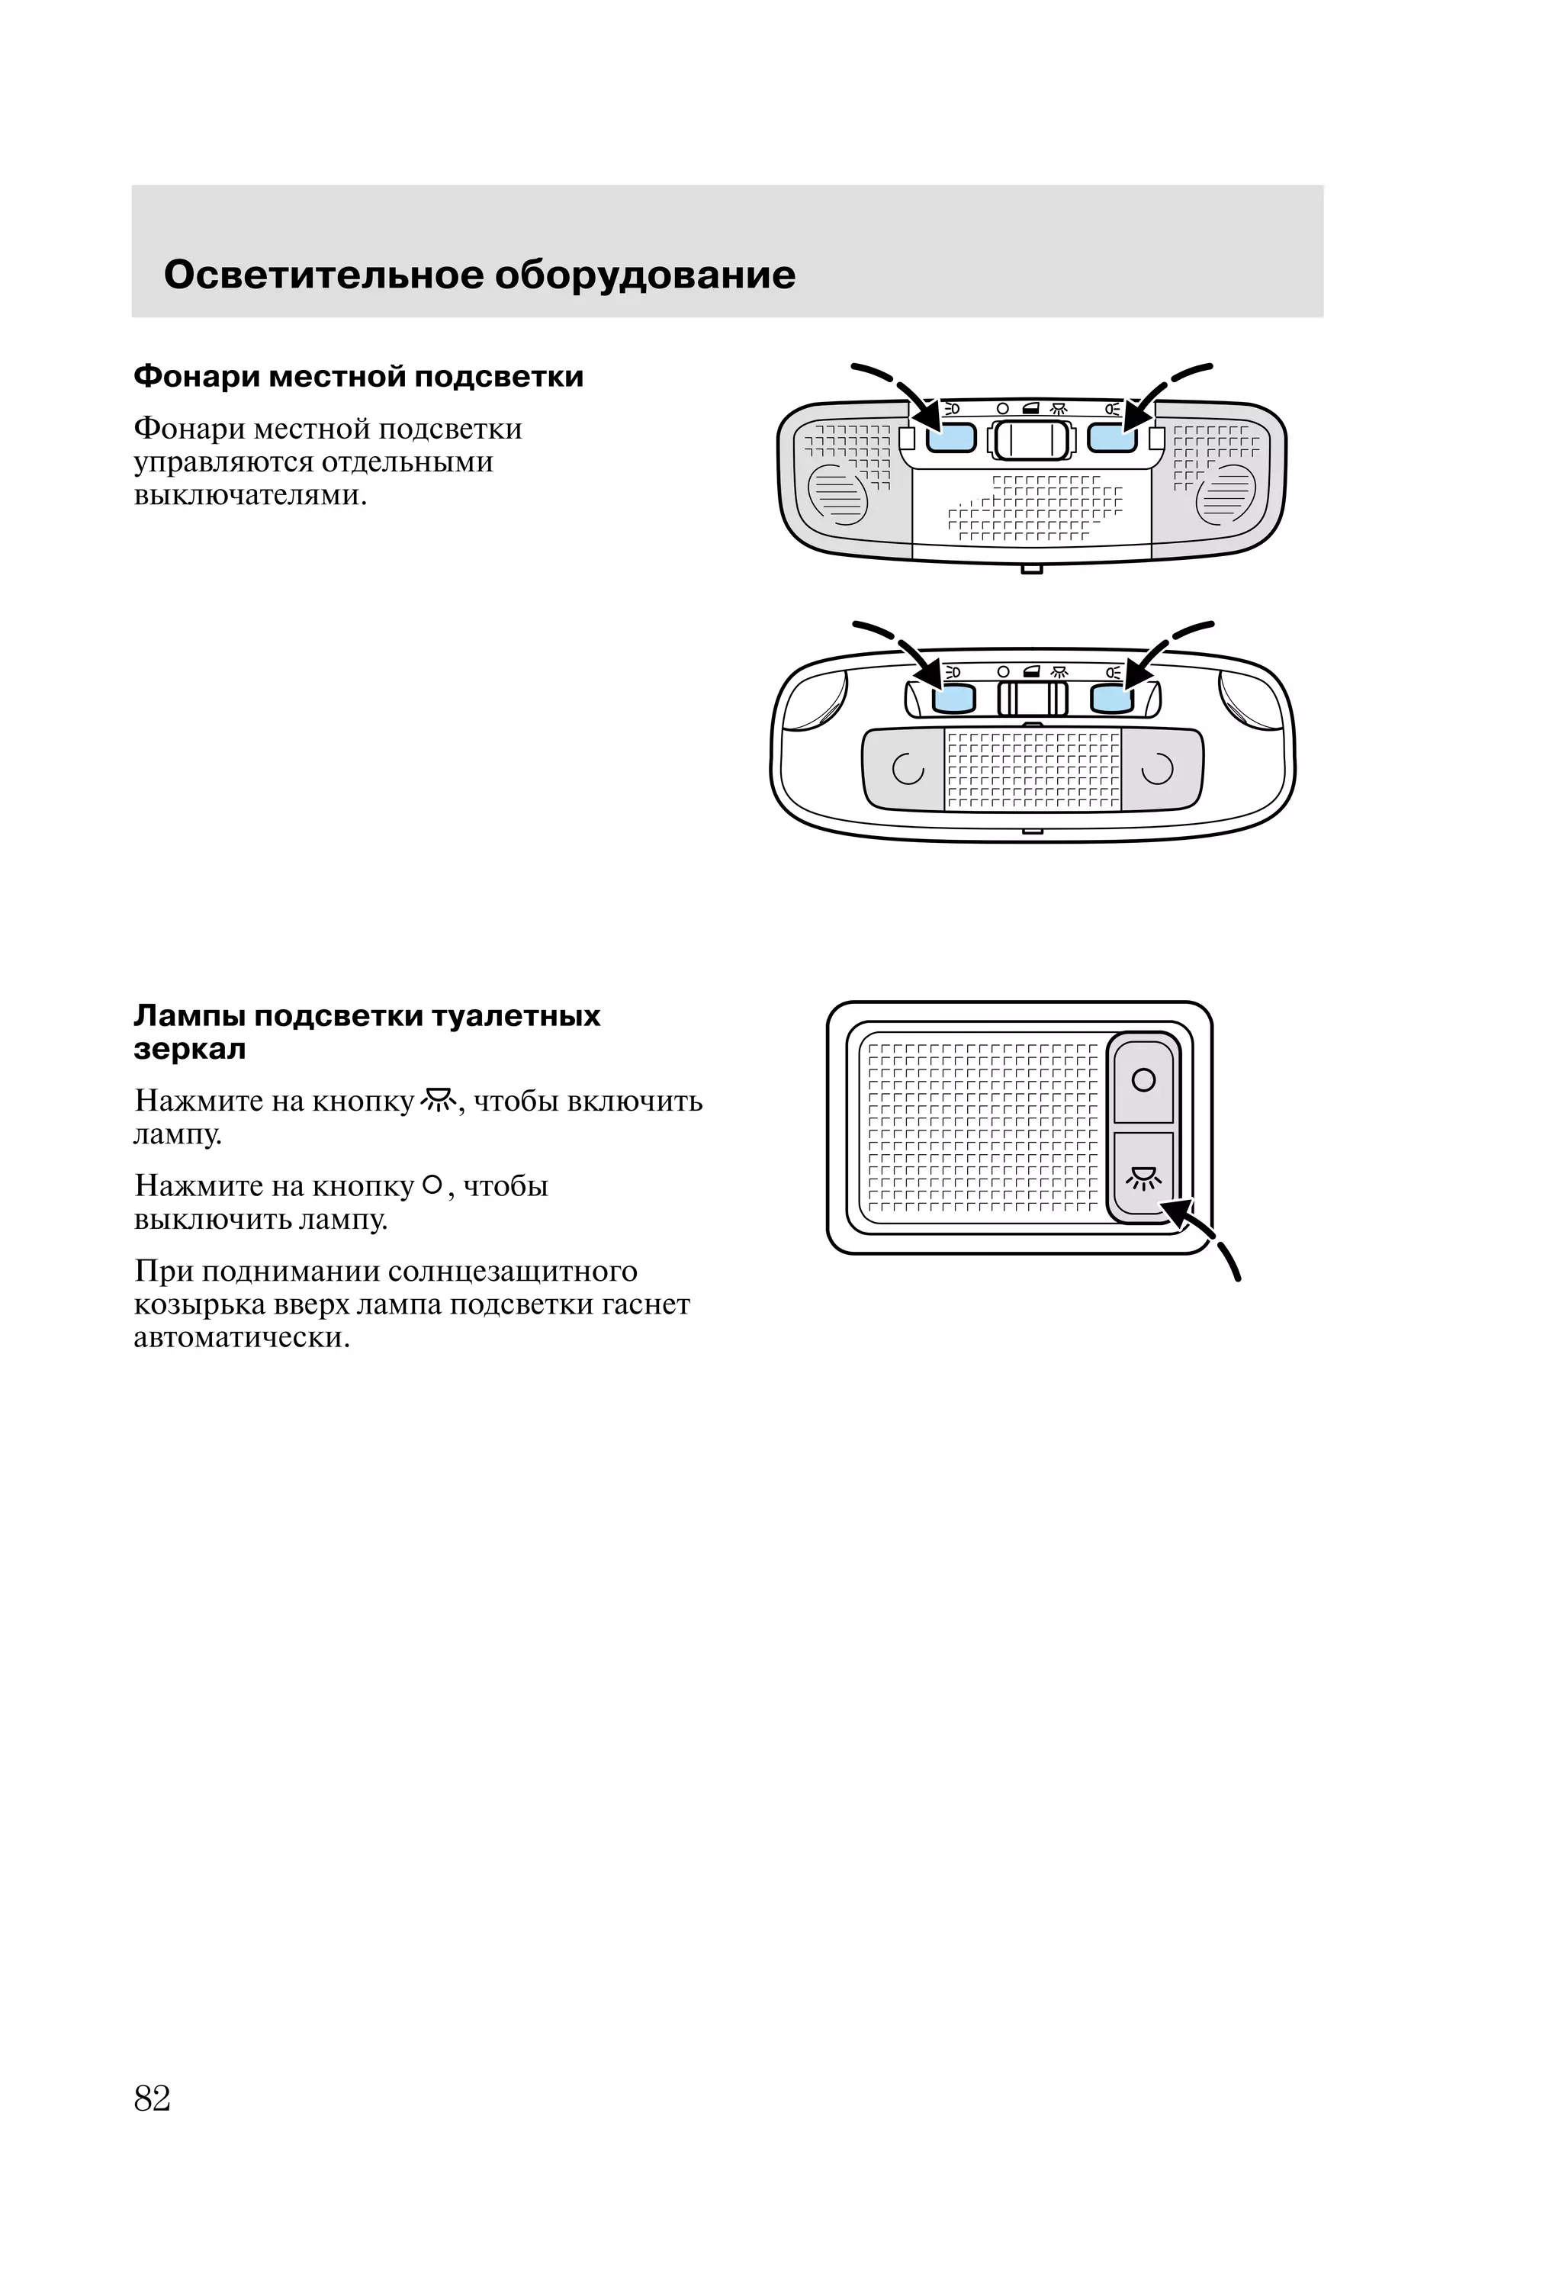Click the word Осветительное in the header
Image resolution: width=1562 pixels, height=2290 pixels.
(323, 275)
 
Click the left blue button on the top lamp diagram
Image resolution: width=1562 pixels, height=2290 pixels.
(951, 438)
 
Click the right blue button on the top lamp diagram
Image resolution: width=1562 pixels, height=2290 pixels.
(1112, 438)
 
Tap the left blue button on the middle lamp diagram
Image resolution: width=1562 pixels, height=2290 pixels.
(953, 699)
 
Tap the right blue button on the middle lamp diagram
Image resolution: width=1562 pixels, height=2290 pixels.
(1113, 699)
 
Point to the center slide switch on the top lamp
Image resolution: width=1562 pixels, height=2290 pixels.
(1032, 439)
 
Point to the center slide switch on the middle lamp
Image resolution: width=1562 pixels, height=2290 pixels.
(1033, 699)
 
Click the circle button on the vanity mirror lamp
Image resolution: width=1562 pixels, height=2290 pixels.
(1143, 1080)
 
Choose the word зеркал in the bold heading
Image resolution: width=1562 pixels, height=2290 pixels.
(189, 1050)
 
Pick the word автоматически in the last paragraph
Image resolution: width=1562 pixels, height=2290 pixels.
(242, 1338)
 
